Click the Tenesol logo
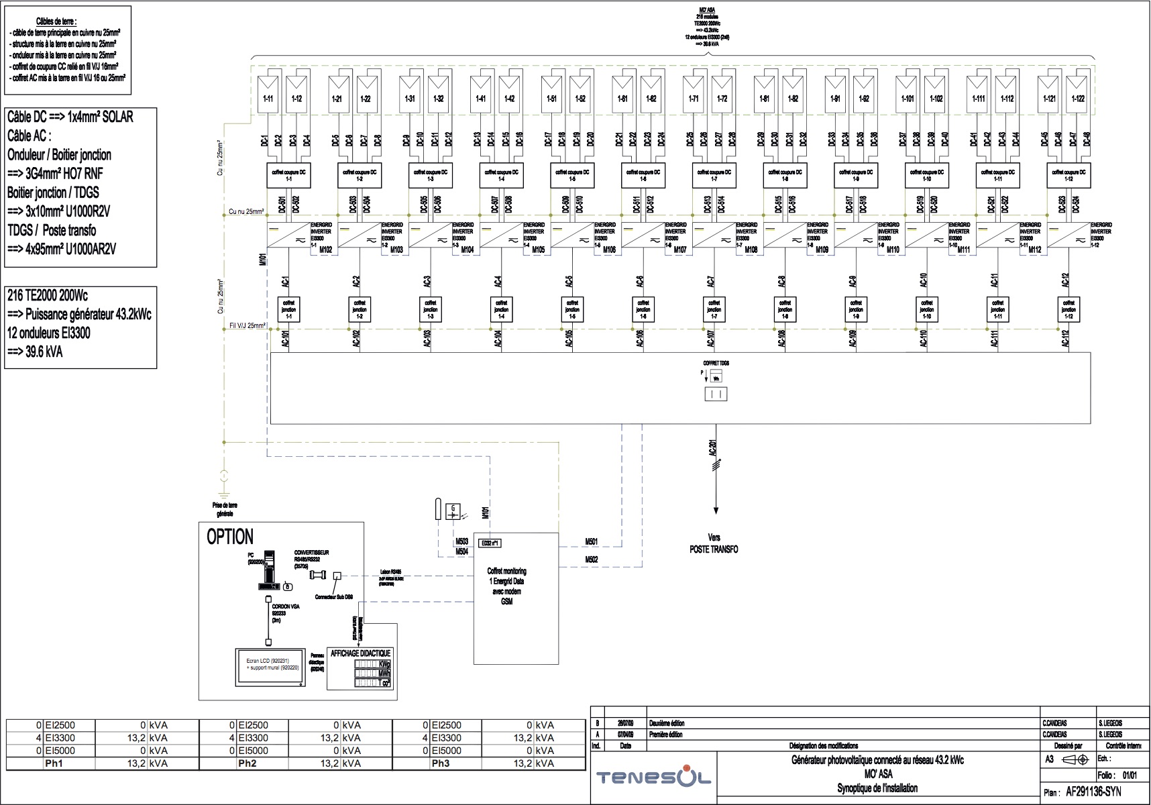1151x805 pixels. click(654, 778)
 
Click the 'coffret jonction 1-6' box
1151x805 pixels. click(643, 309)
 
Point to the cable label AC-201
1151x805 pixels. click(712, 449)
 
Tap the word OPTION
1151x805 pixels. click(230, 537)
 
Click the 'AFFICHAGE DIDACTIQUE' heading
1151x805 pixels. click(360, 653)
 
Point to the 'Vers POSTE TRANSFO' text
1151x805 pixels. click(714, 543)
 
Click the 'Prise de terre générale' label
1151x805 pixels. click(225, 509)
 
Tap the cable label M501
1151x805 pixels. click(592, 541)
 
